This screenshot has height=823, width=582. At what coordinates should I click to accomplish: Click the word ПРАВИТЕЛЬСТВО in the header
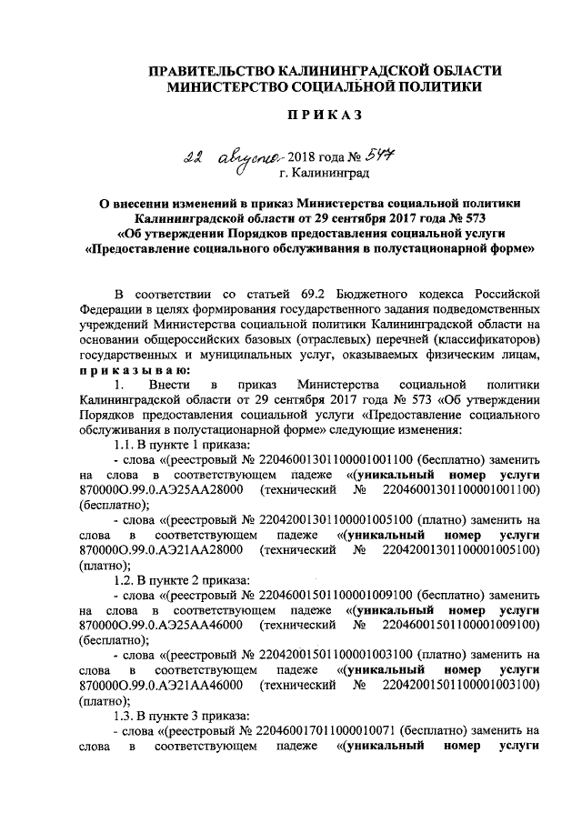pos(212,71)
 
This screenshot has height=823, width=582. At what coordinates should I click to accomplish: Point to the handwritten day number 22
pos(191,156)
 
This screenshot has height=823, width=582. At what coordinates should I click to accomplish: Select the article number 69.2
pos(315,295)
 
